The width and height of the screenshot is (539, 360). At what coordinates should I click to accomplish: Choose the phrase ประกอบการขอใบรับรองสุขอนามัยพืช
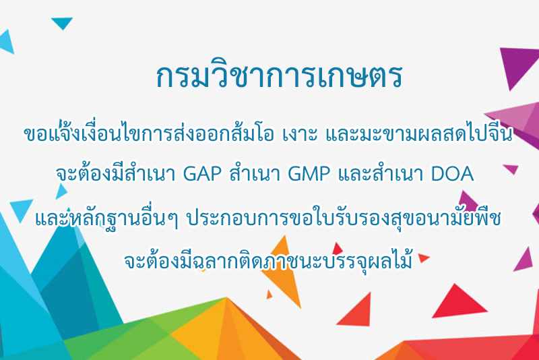coord(344,219)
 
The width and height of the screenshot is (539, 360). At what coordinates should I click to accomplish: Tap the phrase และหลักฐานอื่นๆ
coord(107,219)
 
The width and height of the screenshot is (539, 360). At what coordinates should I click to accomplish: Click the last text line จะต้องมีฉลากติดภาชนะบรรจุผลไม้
coord(268,261)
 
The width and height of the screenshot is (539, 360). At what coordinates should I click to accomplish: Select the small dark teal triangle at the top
coord(62,22)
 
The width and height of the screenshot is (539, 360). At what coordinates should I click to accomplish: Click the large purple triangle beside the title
coord(519,65)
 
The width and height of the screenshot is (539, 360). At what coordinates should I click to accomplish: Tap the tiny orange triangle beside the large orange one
coord(269,295)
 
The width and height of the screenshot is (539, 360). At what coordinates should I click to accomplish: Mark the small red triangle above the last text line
coord(337,249)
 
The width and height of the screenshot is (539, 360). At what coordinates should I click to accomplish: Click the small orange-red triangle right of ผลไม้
coord(423,258)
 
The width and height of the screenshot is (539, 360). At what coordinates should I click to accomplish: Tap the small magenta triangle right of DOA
coord(511,169)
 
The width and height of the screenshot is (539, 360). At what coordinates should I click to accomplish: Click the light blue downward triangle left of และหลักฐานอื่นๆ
coord(21,209)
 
